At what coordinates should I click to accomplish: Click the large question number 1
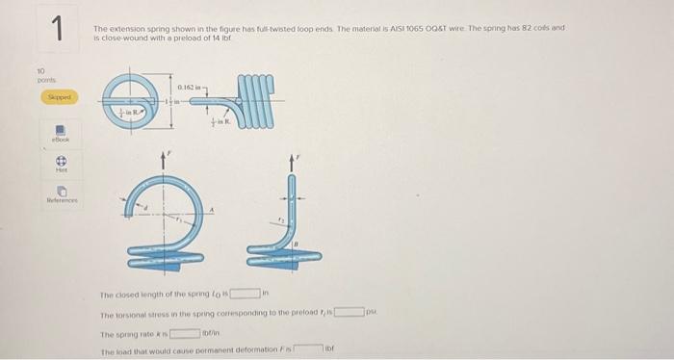[57, 30]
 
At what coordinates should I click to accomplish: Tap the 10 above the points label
[41, 70]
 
